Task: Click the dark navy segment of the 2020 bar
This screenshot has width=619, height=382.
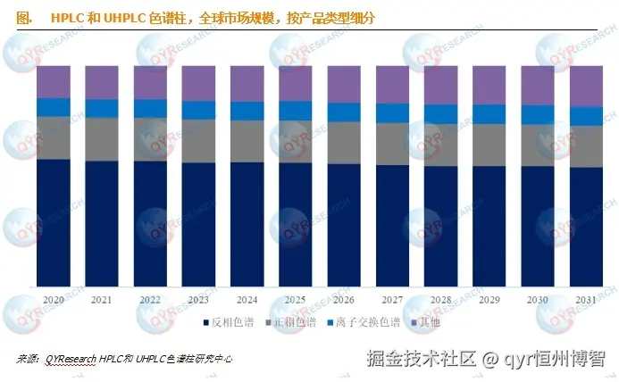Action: point(54,223)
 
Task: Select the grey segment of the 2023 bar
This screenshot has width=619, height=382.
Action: point(198,140)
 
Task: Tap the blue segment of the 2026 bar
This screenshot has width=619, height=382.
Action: point(344,112)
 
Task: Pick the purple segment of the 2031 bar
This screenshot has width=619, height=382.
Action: point(586,86)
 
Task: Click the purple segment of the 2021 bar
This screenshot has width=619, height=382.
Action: point(102,82)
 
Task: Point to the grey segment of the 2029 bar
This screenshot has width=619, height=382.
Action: point(489,145)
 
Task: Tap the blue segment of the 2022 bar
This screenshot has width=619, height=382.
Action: point(150,108)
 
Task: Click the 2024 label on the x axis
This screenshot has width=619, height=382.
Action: point(247,300)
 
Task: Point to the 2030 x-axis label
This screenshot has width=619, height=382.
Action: point(538,300)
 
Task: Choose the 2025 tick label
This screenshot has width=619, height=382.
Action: point(296,300)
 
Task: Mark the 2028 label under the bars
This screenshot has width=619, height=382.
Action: point(440,300)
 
